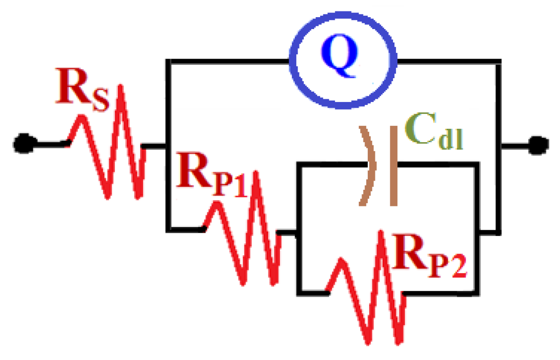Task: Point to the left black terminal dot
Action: click(x=20, y=143)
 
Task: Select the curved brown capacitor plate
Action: click(x=369, y=165)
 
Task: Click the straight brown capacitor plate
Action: click(x=394, y=165)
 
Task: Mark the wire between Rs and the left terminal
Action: click(x=48, y=143)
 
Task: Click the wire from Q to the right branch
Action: click(x=448, y=61)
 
